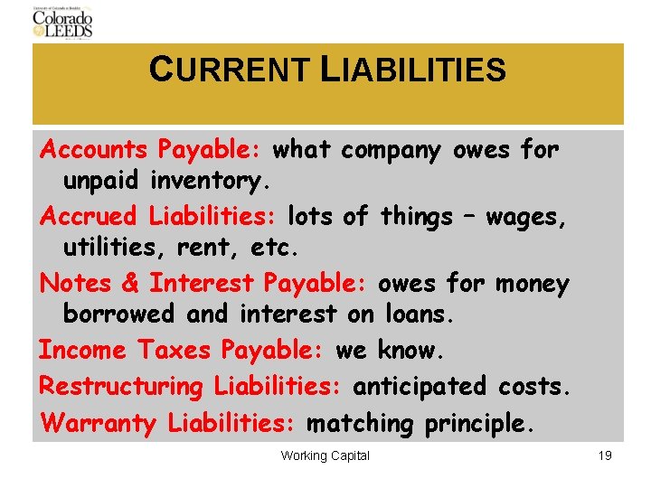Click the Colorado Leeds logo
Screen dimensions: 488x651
point(62,22)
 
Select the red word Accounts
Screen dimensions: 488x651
point(94,148)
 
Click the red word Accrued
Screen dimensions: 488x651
point(88,217)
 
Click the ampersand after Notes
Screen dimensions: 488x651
point(130,284)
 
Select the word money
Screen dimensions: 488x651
point(532,284)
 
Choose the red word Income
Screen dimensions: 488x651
point(82,350)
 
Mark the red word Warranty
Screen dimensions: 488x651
point(99,423)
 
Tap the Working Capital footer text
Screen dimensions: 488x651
point(325,455)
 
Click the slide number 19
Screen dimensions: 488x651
point(605,455)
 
